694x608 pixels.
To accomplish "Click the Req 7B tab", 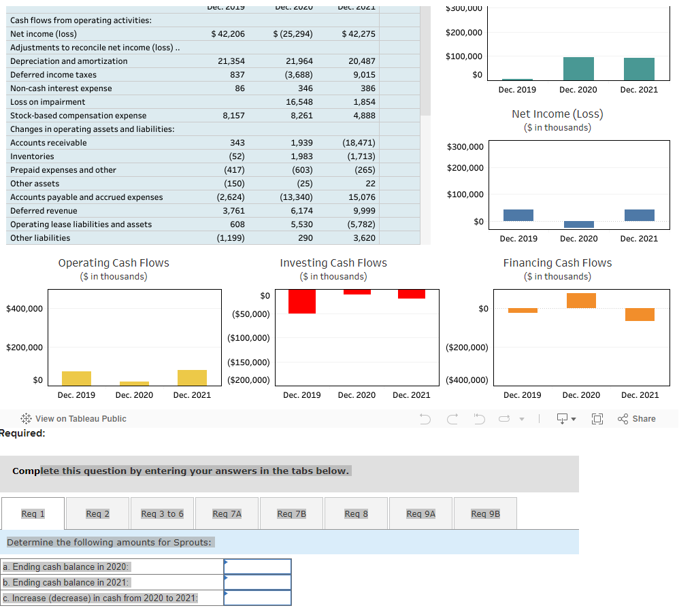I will coord(291,513).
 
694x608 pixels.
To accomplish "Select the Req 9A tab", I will coord(420,513).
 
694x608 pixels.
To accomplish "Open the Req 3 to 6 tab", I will coord(162,513).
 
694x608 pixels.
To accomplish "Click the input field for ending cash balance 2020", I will coord(258,567).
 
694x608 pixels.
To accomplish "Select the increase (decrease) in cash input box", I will coord(258,598).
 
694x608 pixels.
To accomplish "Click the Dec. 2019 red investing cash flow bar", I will coord(302,301).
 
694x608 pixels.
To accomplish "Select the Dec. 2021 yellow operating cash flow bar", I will coord(192,377).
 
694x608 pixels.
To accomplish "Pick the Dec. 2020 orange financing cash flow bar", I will coord(581,301).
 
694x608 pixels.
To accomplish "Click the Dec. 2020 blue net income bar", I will coord(579,224).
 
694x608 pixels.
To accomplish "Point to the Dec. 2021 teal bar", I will coord(639,69).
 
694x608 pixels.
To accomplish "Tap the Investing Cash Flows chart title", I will coord(333,263).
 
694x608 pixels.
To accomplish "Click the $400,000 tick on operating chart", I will coord(24,309).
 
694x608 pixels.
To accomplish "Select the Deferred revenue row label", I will coord(44,211).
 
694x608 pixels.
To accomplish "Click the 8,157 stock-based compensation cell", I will coord(233,116).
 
